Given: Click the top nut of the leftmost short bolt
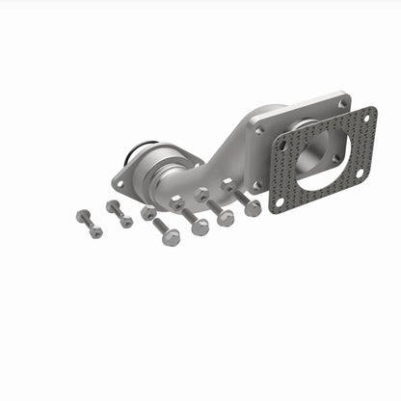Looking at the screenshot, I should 83,216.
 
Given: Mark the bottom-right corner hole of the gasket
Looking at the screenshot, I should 359,174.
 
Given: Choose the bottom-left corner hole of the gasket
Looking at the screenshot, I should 281,203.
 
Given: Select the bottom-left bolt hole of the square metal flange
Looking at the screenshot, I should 255,183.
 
